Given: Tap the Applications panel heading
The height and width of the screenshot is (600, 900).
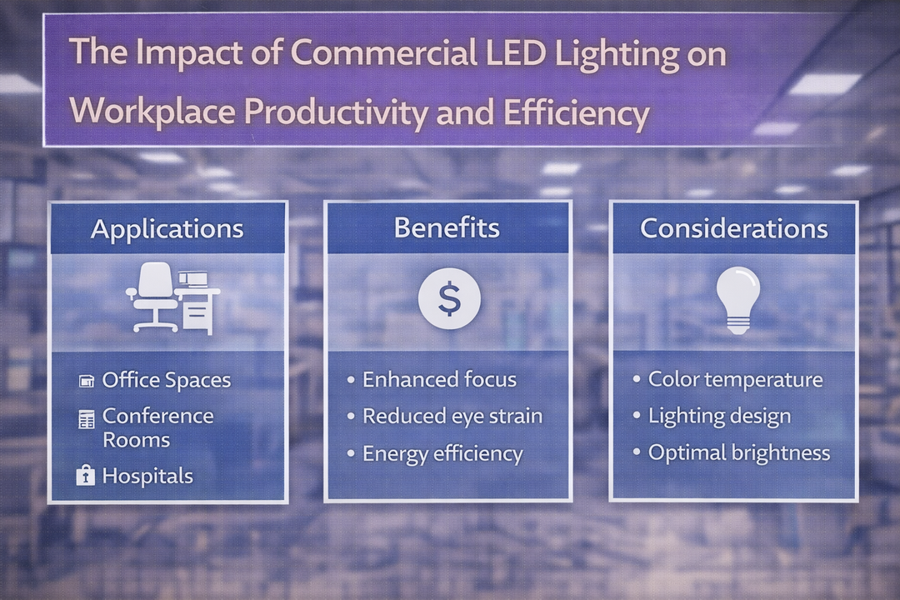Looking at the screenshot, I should point(167,228).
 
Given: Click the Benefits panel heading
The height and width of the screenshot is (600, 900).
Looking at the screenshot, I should point(447,227).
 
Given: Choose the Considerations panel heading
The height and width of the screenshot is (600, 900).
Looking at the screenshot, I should point(733,228).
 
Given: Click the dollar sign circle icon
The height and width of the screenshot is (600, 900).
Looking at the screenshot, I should point(449,298).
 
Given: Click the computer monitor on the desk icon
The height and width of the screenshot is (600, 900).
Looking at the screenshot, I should point(193,279).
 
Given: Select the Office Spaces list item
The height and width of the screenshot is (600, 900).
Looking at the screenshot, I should point(166,381).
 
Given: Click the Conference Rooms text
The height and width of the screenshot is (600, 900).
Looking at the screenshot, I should point(157,427).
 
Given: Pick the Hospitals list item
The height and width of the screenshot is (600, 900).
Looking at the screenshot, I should point(147,477).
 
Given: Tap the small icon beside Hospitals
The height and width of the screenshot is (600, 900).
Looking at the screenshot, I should point(85,476).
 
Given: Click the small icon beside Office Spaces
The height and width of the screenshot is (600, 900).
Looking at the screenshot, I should point(86,382).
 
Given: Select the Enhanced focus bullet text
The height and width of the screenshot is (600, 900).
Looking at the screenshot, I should point(439,380).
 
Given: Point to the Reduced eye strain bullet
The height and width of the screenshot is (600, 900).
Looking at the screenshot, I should point(452,417).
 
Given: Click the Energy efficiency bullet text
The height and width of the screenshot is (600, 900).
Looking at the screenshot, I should point(442,454).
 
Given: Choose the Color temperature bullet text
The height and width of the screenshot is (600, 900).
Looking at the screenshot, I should point(735,380).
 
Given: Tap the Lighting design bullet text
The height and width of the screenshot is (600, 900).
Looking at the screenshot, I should point(719,417).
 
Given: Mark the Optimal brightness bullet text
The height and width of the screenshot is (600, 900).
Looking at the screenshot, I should point(739,452).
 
